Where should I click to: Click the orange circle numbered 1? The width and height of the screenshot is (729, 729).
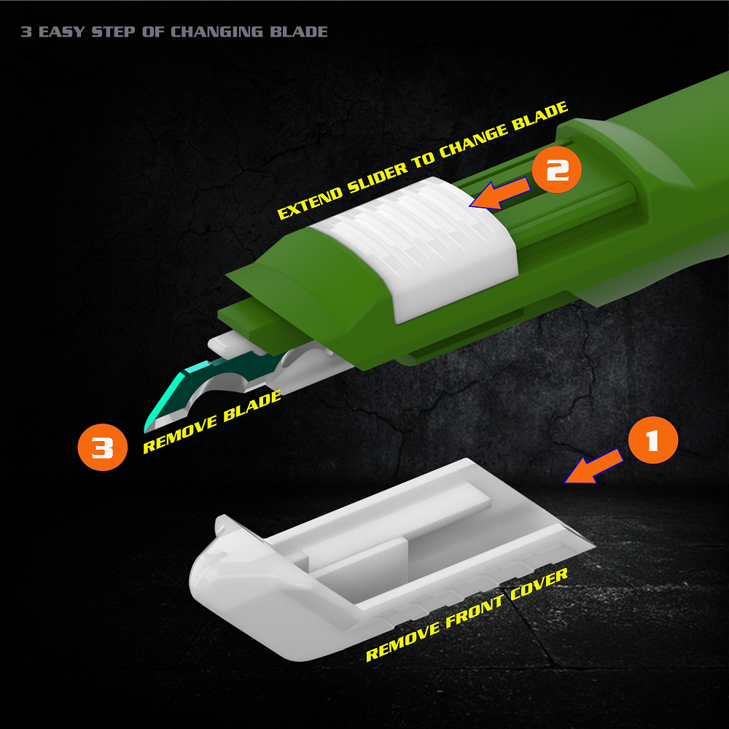tap(652, 440)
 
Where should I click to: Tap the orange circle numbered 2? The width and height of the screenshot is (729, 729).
tap(556, 169)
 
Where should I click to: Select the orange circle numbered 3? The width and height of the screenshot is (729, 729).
tap(102, 448)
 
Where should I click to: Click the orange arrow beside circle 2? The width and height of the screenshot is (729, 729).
tap(499, 193)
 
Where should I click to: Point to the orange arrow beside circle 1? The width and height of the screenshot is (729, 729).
tap(593, 467)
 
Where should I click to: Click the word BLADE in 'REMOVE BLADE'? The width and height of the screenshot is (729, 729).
tap(252, 406)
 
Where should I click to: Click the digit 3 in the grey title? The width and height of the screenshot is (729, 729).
tap(26, 31)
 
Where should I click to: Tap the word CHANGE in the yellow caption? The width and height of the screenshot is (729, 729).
tap(472, 141)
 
